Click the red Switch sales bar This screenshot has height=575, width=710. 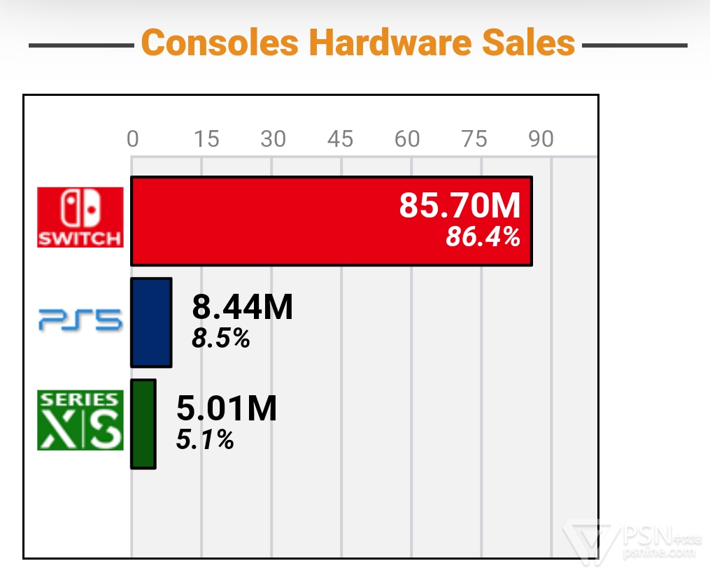point(280,221)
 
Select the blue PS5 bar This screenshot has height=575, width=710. point(151,322)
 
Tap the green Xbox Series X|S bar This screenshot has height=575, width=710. point(143,424)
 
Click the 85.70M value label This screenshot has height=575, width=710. point(460,206)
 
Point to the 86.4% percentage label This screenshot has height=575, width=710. point(483,238)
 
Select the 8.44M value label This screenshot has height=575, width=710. point(242,307)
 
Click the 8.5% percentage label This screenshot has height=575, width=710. point(221,339)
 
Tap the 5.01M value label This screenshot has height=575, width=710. point(227,409)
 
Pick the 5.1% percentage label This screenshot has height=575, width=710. point(205,440)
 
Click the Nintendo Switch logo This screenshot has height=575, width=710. point(80,217)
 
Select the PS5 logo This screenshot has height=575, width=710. point(80,322)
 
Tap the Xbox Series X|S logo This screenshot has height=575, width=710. point(80,420)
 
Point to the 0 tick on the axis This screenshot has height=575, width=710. point(132,139)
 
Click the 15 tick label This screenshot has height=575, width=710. point(206,139)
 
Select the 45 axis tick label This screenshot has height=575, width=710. point(340,139)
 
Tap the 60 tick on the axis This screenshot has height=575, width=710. point(407,139)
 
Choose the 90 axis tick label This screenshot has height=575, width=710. point(541,139)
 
